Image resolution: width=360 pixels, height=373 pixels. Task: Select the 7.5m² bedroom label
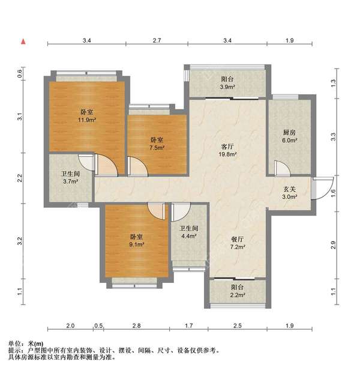coord(157,144)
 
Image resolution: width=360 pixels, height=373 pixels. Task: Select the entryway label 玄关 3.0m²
coord(290,193)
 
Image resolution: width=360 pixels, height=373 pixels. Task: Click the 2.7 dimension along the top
coord(157,41)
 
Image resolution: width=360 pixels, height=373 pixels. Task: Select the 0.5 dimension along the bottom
coord(98,326)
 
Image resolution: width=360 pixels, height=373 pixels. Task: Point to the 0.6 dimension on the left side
coord(20,74)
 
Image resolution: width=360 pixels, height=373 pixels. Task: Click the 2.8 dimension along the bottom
coord(136,326)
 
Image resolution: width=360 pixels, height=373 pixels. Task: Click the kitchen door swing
coord(278,168)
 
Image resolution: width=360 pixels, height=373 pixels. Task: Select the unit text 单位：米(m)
coord(30,343)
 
